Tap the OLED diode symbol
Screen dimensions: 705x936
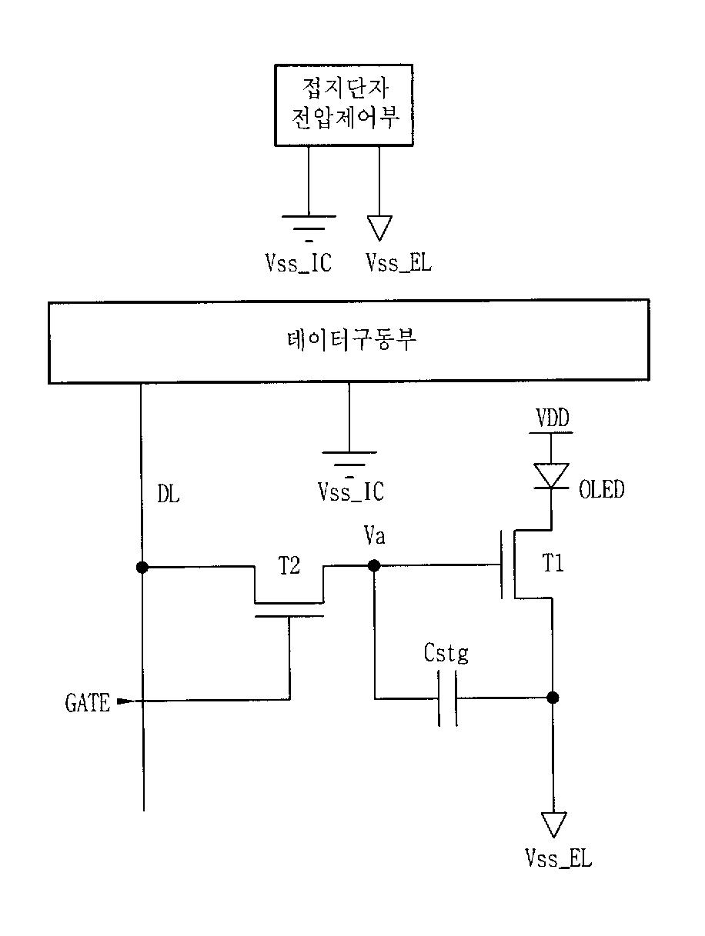551,475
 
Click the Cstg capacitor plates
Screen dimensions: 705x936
448,698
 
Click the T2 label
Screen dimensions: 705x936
289,565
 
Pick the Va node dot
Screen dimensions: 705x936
374,565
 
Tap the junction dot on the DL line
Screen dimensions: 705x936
142,567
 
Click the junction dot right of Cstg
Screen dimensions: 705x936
553,698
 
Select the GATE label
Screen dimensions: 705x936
88,702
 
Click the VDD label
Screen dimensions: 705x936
553,417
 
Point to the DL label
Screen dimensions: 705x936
169,494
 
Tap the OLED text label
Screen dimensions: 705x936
602,489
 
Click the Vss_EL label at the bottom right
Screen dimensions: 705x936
559,858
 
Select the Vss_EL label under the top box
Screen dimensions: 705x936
399,262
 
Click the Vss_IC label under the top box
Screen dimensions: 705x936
299,262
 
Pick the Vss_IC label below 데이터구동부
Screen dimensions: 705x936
351,491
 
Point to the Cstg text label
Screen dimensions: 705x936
446,654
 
